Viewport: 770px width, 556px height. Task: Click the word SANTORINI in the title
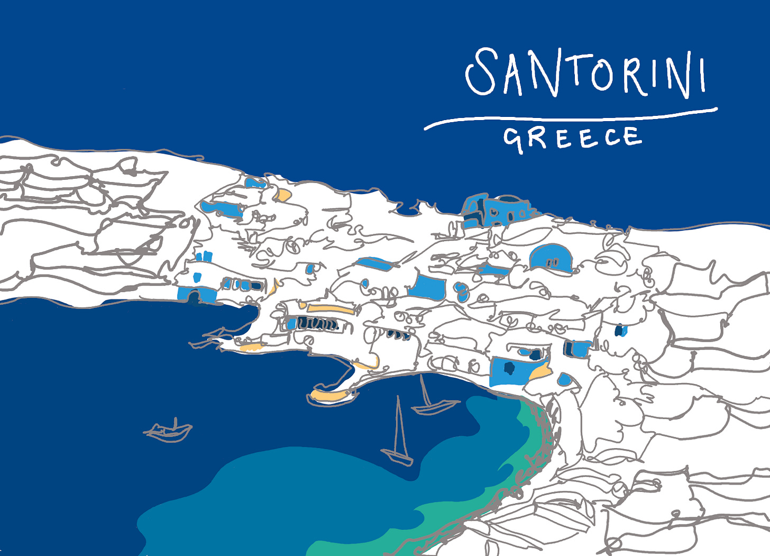[584, 73]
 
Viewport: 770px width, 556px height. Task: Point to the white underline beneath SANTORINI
[571, 119]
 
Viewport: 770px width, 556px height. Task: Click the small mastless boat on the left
[168, 431]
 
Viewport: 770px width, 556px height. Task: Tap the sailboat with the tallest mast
[399, 439]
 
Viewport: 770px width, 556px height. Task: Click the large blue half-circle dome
[550, 258]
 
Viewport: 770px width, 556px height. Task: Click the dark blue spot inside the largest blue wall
[509, 368]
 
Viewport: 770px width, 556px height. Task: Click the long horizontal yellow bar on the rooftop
[329, 308]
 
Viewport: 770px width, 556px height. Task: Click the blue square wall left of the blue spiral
[426, 287]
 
